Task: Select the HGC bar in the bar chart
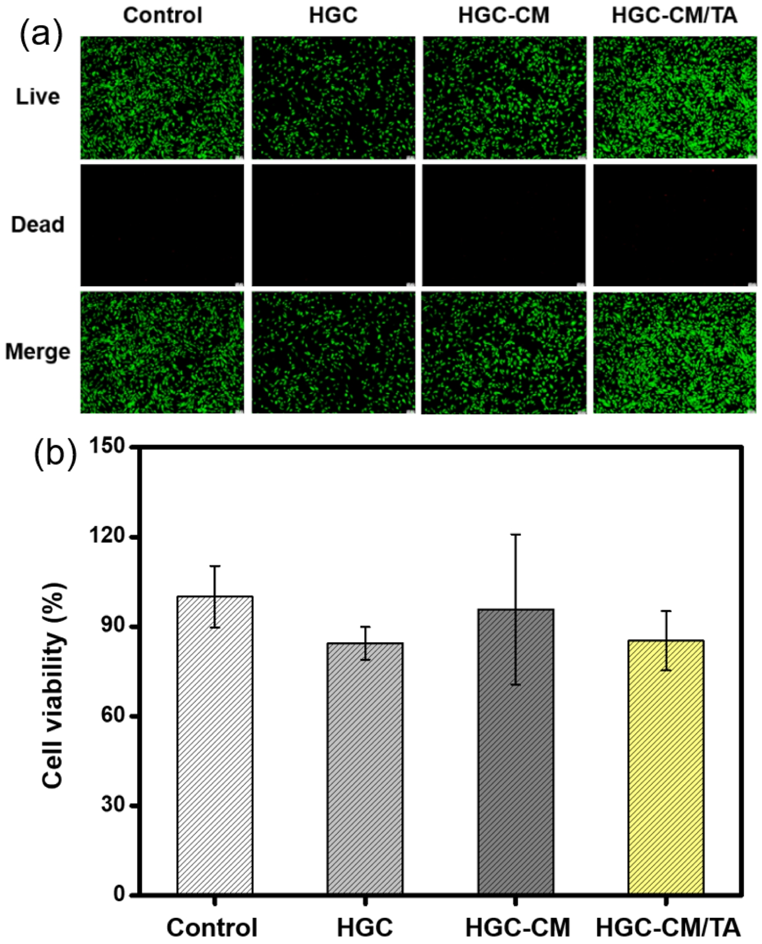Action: [x=365, y=768]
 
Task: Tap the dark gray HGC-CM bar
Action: [x=516, y=751]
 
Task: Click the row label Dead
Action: [x=38, y=225]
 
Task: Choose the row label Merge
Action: [x=38, y=352]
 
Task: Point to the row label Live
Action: [x=38, y=97]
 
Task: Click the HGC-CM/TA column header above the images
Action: [x=674, y=15]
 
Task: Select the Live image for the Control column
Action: [x=162, y=97]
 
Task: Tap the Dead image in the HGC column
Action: [x=333, y=225]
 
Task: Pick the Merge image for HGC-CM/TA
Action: [x=675, y=352]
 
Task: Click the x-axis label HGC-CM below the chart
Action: [x=517, y=927]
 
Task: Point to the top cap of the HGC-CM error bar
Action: [x=516, y=535]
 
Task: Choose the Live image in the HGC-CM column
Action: [x=504, y=97]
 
